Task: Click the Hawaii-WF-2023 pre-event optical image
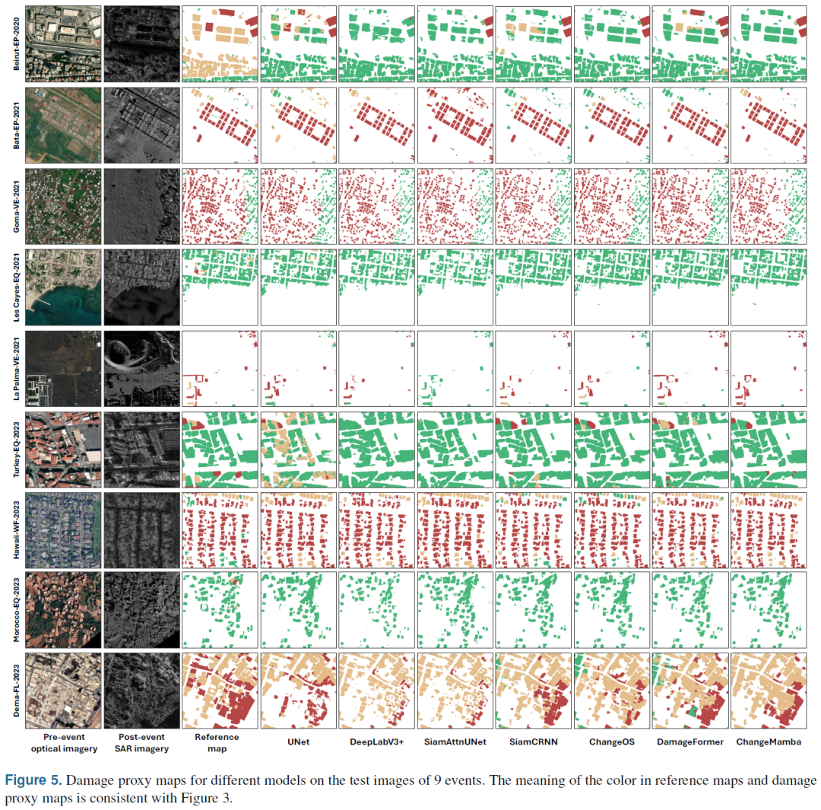click(x=62, y=529)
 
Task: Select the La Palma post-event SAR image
click(x=141, y=367)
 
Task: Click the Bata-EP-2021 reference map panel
click(x=219, y=124)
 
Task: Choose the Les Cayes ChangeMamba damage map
click(x=767, y=286)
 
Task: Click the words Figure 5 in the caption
click(x=30, y=780)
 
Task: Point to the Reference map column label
click(x=217, y=742)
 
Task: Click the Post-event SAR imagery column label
click(x=141, y=742)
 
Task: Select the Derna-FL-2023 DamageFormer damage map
click(x=689, y=691)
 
